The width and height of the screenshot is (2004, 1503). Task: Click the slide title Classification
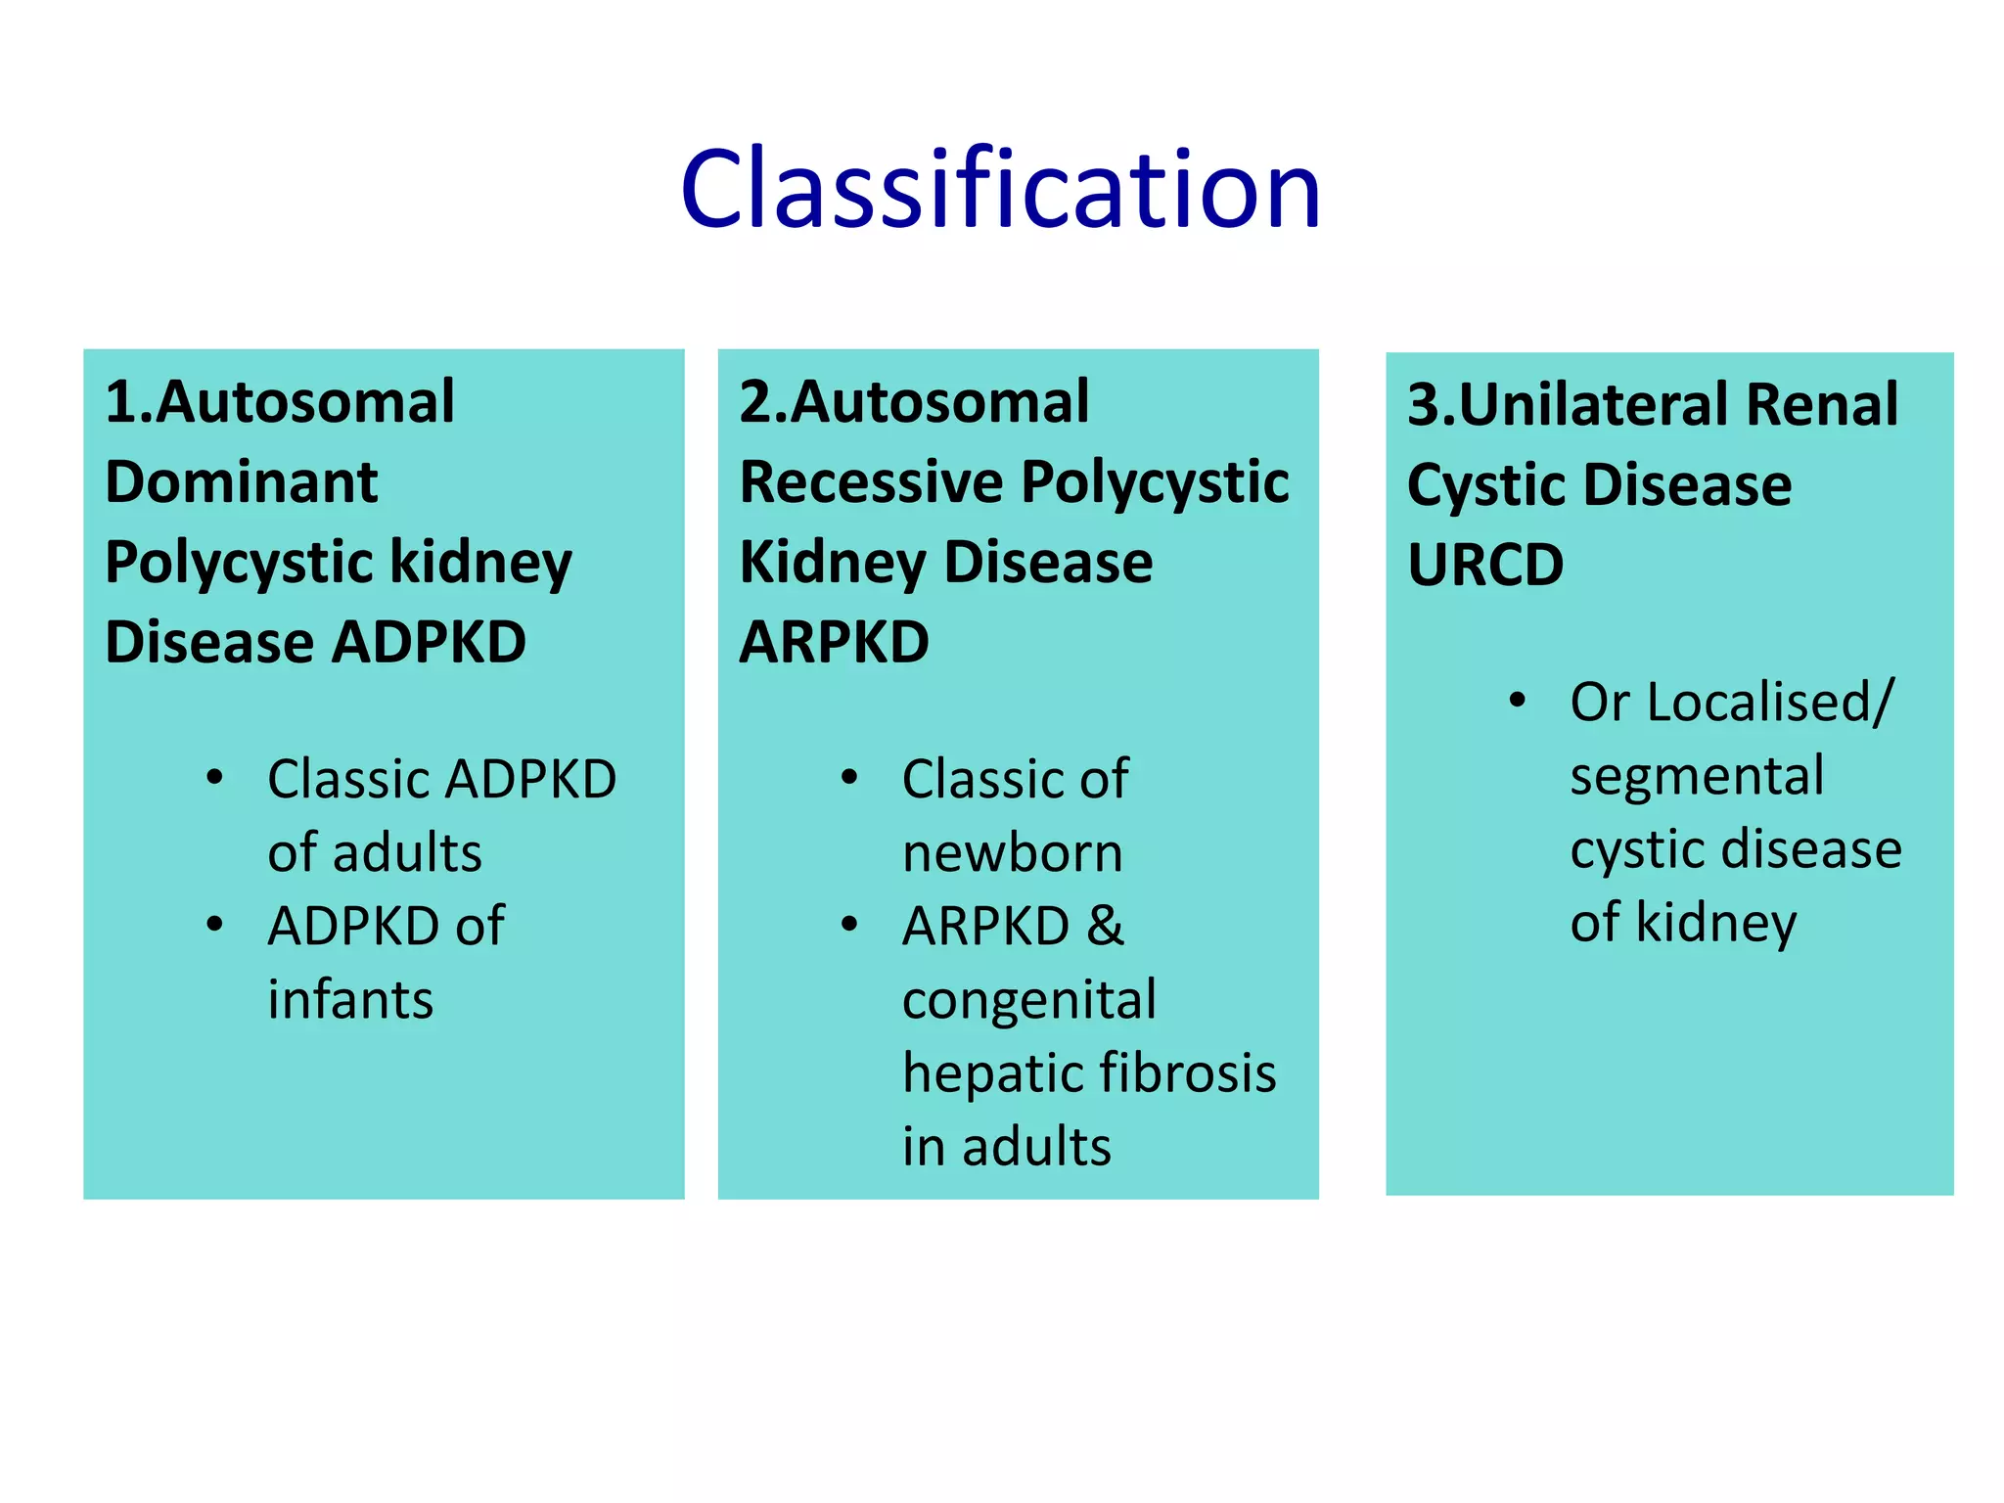[x=1000, y=188]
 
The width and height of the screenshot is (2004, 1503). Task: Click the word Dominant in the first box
[x=241, y=482]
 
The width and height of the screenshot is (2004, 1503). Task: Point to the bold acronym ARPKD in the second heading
[x=834, y=643]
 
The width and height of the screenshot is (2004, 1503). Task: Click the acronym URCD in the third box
[x=1484, y=566]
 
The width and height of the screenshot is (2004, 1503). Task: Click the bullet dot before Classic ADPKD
[x=215, y=779]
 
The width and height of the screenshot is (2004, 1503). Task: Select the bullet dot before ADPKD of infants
[x=215, y=925]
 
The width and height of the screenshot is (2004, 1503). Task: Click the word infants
[x=350, y=1000]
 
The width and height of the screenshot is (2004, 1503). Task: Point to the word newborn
[x=1012, y=853]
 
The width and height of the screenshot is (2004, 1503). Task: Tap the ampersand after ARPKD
[x=1105, y=926]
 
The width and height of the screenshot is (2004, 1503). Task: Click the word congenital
[x=1028, y=1000]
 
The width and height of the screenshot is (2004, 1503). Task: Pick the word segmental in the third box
[x=1697, y=776]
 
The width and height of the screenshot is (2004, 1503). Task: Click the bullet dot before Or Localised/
[x=1517, y=701]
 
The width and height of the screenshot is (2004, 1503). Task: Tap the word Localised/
[x=1770, y=703]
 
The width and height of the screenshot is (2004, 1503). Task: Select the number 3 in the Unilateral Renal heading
[x=1422, y=404]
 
